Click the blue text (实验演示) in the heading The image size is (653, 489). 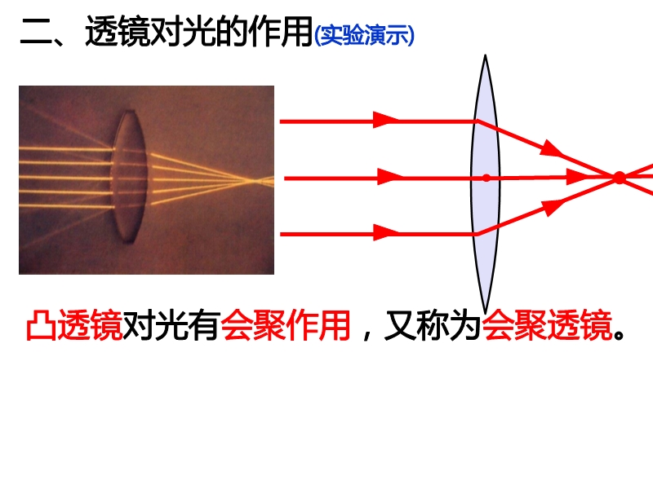pos(364,35)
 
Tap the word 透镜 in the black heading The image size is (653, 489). pos(118,31)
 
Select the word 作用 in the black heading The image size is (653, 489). pos(281,31)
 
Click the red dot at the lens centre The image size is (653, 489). pos(486,178)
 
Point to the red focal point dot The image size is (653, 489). pos(620,178)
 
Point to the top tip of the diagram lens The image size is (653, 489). pos(485,55)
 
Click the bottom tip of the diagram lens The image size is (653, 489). pos(485,311)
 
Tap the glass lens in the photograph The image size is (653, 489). pos(130,176)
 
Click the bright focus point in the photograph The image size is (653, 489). pos(252,181)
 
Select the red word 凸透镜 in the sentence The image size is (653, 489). pos(74,324)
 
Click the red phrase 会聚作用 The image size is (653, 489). pos(285,324)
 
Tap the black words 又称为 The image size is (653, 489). pos(433,324)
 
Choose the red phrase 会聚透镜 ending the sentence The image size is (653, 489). pos(547,324)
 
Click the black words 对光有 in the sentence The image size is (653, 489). pos(171,324)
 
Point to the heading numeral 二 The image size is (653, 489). pos(35,32)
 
